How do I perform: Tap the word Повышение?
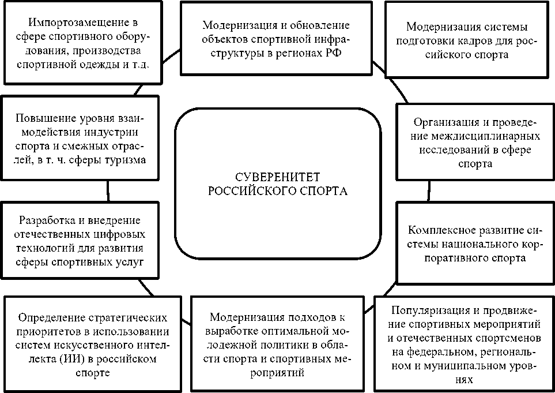[x=42, y=118]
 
